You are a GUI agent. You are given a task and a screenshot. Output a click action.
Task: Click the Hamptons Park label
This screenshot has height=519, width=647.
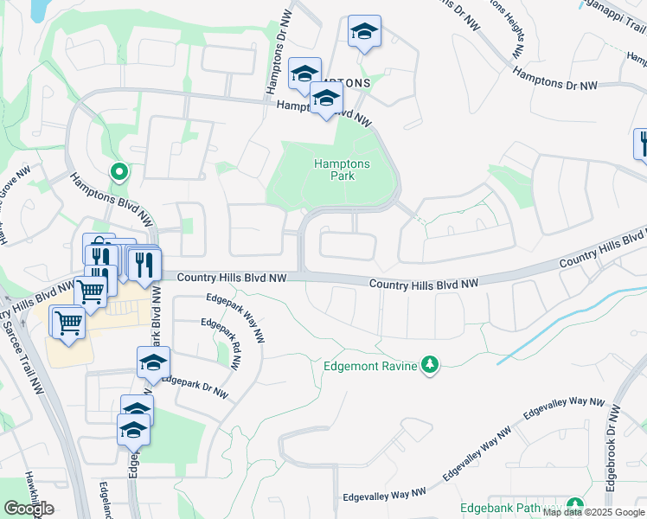click(342, 170)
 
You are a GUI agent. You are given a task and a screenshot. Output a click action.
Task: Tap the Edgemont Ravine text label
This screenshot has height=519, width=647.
click(370, 366)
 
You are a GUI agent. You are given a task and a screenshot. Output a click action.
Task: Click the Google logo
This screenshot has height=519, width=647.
click(29, 509)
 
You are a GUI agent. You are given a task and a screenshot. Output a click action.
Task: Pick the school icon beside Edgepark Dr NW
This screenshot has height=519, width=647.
click(153, 362)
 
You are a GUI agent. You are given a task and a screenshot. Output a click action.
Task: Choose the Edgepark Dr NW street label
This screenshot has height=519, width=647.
click(195, 386)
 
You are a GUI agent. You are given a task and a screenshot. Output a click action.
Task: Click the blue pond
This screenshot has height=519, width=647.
click(39, 10)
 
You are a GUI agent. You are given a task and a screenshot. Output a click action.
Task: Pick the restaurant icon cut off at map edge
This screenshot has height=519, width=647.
click(642, 143)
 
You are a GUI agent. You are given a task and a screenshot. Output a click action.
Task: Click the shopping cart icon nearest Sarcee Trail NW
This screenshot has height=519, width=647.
click(67, 322)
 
